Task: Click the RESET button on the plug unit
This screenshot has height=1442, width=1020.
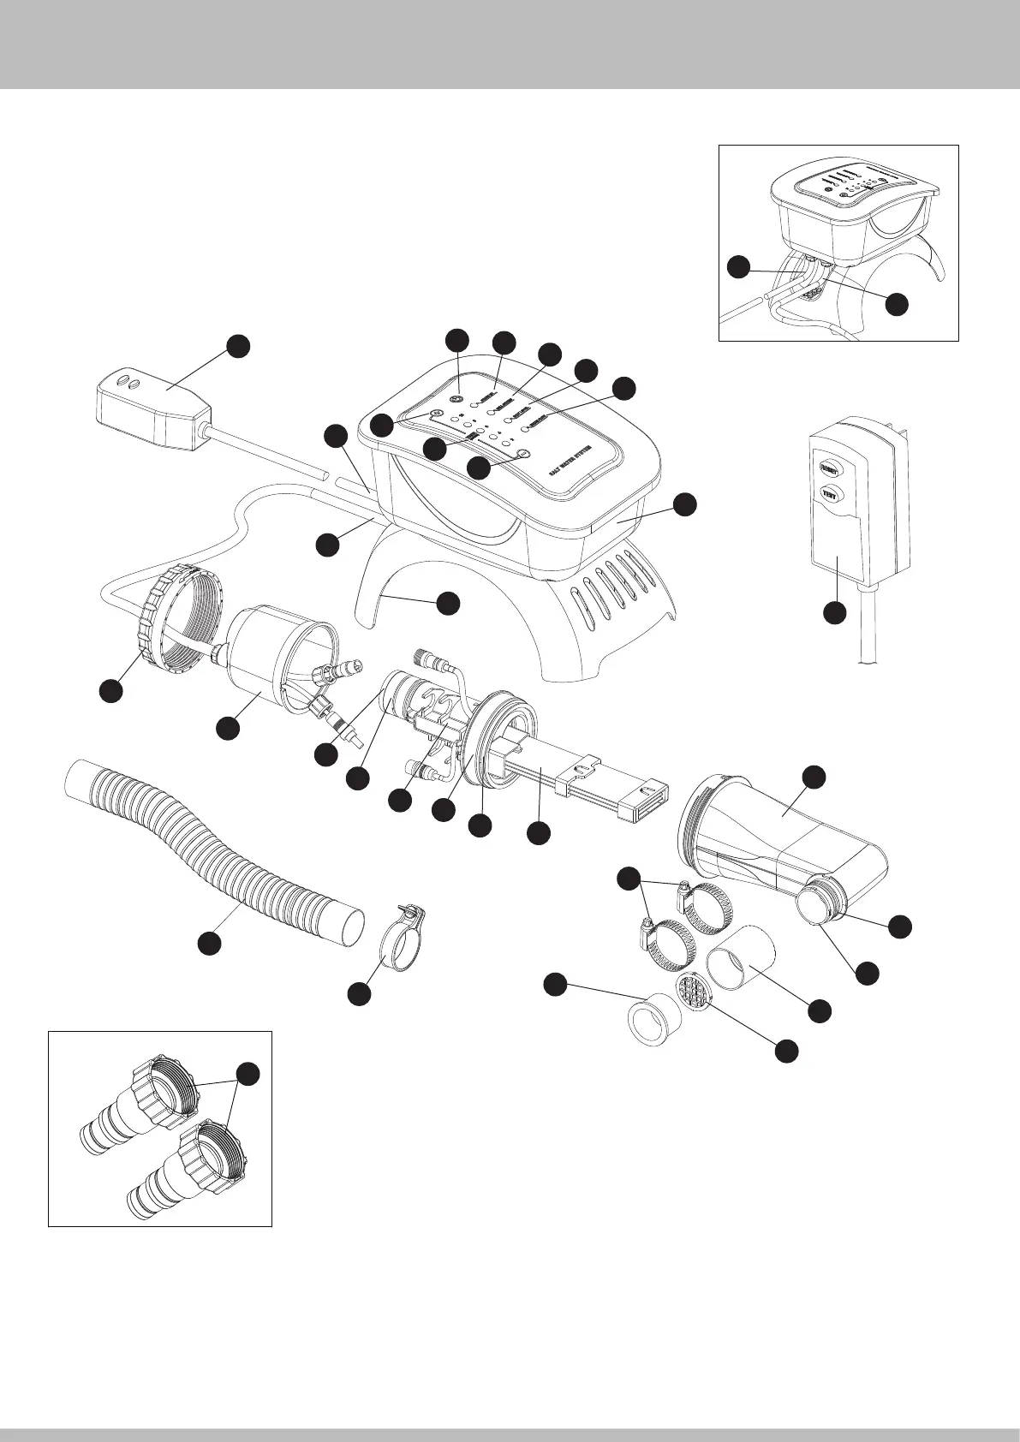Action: click(830, 468)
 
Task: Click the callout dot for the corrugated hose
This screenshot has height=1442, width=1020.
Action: click(207, 943)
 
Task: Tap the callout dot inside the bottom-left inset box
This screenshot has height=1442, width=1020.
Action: click(248, 1074)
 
